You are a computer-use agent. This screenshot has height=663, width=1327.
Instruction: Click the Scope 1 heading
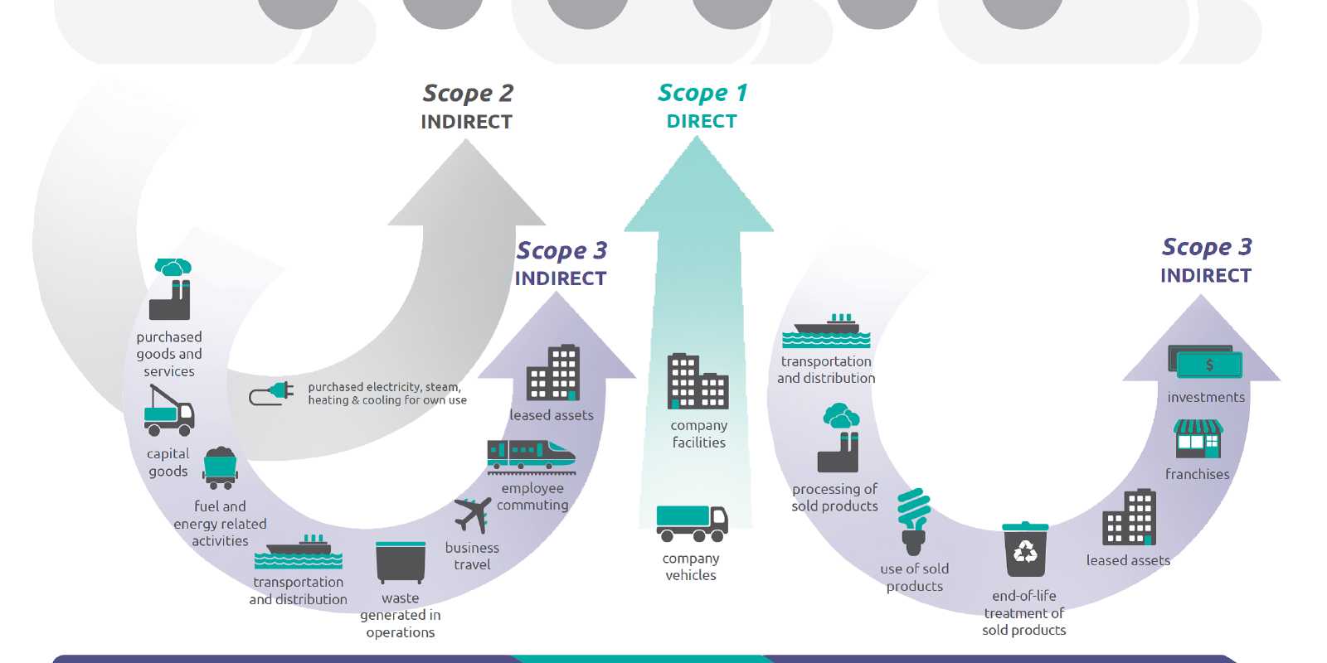702,93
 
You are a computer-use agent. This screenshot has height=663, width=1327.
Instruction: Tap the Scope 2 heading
468,94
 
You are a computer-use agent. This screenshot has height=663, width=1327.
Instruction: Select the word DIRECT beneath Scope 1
702,122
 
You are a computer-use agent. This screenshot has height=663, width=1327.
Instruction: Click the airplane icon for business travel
473,515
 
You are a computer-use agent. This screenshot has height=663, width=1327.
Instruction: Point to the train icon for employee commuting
531,457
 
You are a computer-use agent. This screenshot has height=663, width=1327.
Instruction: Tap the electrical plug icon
272,394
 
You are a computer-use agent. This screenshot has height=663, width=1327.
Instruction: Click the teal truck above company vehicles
692,523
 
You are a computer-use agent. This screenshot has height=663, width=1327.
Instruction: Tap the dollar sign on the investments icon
1209,365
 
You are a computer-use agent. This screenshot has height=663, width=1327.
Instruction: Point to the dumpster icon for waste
401,563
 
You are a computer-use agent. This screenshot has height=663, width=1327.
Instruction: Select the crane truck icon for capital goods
169,410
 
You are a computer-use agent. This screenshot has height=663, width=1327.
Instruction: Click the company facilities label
699,434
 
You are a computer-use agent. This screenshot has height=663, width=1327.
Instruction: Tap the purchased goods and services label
169,355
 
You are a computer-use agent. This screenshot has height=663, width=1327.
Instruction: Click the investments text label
1206,398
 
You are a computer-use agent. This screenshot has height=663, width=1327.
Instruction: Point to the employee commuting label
532,497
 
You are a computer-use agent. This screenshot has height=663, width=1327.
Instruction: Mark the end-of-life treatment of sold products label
1024,613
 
